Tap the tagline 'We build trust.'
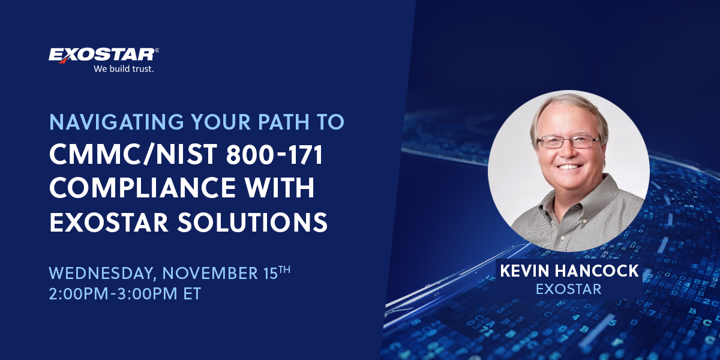coord(124,69)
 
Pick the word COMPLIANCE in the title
coord(142,188)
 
